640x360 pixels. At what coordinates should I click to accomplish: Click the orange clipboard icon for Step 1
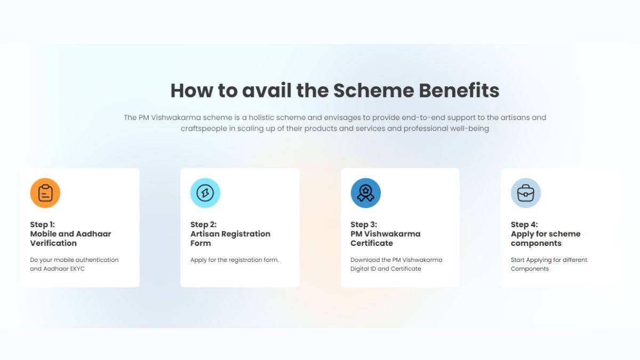[x=45, y=193]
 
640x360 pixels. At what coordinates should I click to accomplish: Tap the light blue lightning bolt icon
[x=205, y=193]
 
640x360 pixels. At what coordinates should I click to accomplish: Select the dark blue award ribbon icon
[x=365, y=193]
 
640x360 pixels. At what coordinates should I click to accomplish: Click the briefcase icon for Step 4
[x=526, y=193]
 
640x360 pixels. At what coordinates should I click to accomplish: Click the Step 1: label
[x=43, y=225]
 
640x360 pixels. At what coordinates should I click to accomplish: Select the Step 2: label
[x=203, y=225]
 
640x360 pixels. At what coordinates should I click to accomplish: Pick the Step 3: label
[x=364, y=225]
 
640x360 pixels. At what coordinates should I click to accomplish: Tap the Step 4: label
[x=524, y=225]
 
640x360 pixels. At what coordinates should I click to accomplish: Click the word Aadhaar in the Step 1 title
[x=93, y=234]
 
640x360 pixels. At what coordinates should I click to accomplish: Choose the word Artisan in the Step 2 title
[x=206, y=234]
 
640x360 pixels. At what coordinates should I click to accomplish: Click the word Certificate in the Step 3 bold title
[x=372, y=243]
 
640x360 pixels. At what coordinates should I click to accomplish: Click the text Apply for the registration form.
[x=235, y=260]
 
